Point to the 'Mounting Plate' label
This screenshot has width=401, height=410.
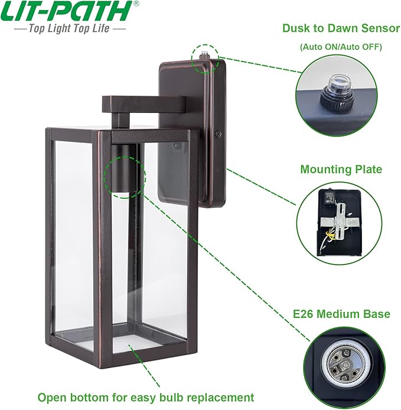click(x=341, y=170)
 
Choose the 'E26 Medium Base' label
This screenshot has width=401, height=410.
click(x=341, y=314)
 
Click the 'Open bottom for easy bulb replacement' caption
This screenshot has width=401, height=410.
click(x=146, y=397)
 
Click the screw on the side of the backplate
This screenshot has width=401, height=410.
click(x=219, y=135)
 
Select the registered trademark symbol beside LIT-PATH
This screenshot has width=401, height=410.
click(x=136, y=4)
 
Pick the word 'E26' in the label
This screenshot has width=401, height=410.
click(x=305, y=314)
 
